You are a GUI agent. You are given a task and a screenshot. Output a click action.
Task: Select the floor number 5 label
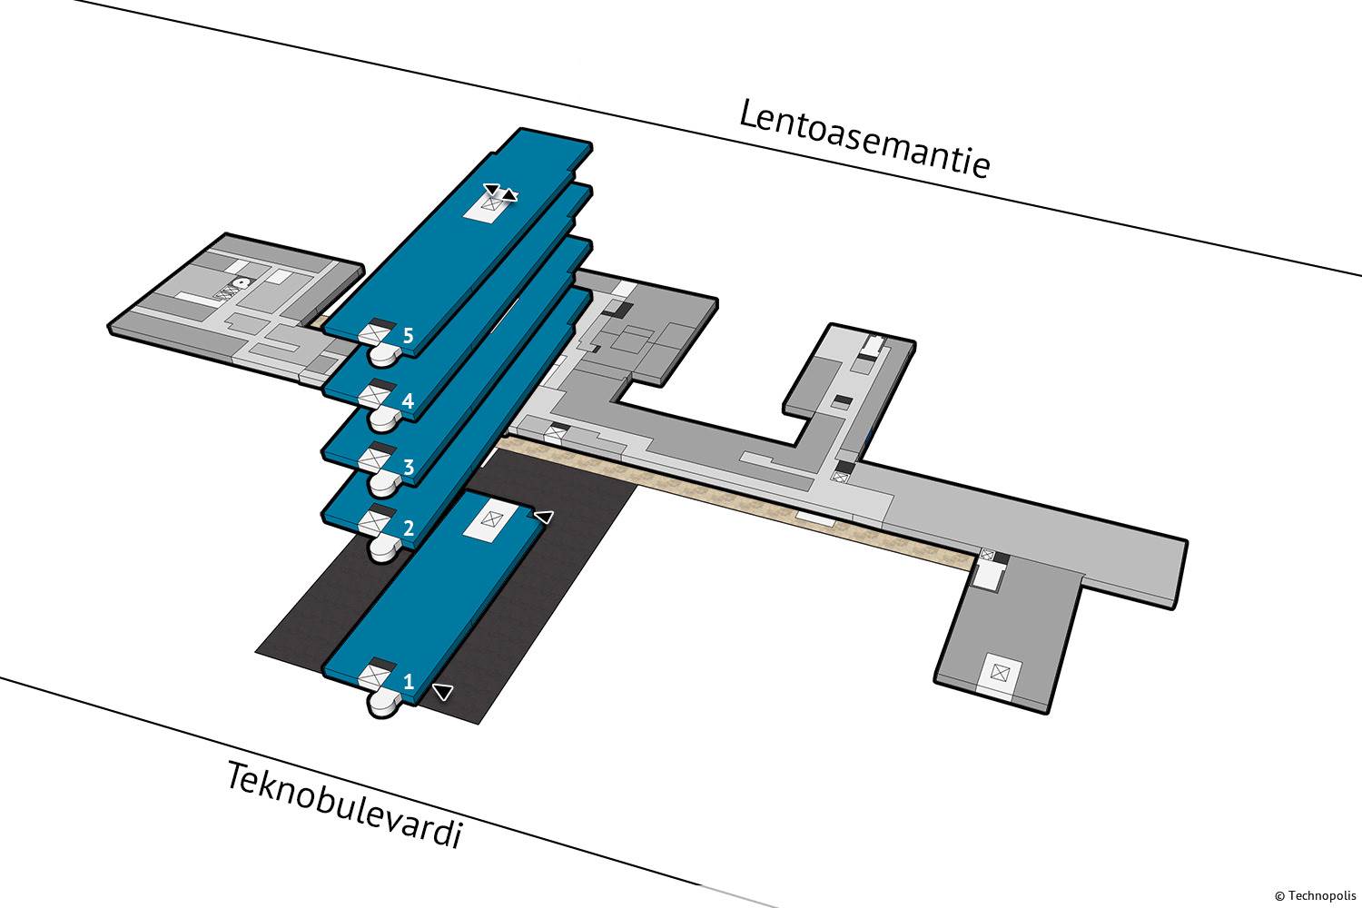409,336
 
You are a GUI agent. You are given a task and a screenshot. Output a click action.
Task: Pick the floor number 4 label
409,400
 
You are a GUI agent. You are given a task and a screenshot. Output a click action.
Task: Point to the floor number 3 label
409,468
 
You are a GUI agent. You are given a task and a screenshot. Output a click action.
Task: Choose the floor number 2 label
409,528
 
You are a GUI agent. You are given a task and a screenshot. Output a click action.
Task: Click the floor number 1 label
409,680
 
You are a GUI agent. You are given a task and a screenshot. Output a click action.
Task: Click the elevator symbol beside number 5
371,336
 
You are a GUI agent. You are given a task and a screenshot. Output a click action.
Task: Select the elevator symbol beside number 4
371,397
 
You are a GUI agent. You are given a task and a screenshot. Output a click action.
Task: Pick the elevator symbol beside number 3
371,460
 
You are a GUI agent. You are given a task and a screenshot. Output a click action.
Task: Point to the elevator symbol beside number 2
371,522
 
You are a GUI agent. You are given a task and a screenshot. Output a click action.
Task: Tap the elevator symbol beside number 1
371,677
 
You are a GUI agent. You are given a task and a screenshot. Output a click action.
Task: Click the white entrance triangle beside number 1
442,692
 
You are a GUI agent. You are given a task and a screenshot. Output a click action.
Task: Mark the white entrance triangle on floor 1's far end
543,517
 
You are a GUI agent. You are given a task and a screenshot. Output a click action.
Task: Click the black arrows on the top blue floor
500,192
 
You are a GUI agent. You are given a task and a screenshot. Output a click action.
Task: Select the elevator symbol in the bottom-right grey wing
1000,673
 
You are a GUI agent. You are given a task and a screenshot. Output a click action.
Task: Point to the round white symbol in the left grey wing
240,283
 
